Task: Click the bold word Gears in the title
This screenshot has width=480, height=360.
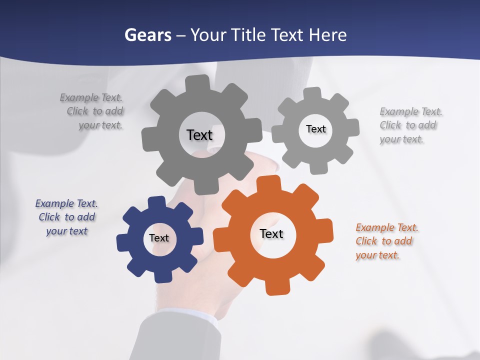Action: [147, 35]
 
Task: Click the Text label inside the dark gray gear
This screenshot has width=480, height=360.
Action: [199, 135]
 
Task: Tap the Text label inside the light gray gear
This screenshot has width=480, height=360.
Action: [315, 129]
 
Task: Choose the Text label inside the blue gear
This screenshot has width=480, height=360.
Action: [159, 238]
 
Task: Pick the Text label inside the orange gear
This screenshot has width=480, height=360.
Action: [271, 233]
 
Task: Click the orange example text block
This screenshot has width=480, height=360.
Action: [386, 241]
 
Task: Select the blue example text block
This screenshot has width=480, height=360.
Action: [66, 217]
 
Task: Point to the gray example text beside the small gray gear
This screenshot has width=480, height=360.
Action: [410, 125]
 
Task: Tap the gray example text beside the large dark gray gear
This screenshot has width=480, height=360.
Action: [92, 111]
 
